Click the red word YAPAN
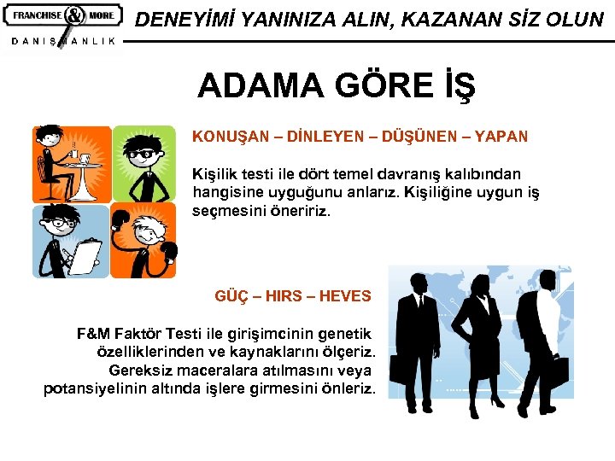coord(501,136)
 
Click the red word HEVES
coord(345,296)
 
